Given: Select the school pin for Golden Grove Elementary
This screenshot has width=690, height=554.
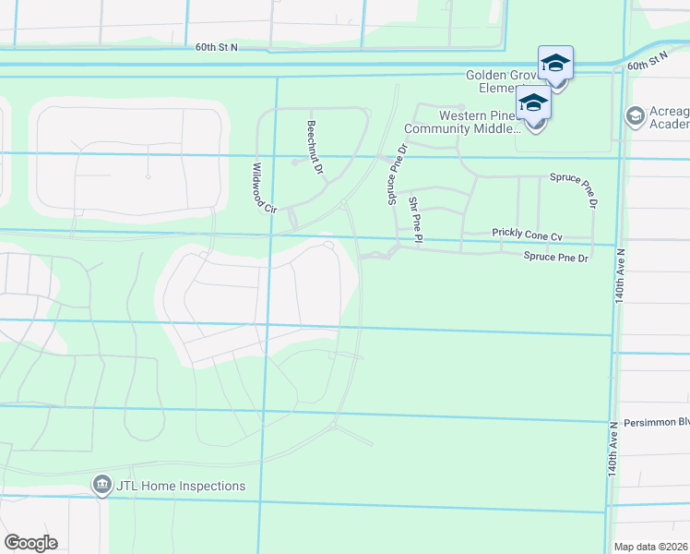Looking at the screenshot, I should tap(555, 65).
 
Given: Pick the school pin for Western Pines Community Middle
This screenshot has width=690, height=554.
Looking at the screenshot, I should tap(533, 105).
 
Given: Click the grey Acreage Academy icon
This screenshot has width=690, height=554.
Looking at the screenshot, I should tap(635, 116).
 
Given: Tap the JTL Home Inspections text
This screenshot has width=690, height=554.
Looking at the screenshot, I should tap(181, 485).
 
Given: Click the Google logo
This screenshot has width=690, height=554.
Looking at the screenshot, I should tap(30, 542).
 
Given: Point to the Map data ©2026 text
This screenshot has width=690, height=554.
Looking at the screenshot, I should tap(651, 547).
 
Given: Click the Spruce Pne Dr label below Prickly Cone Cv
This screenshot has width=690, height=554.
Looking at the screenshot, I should tap(555, 258).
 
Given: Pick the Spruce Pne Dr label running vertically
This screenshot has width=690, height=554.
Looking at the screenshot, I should tap(390, 175).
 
